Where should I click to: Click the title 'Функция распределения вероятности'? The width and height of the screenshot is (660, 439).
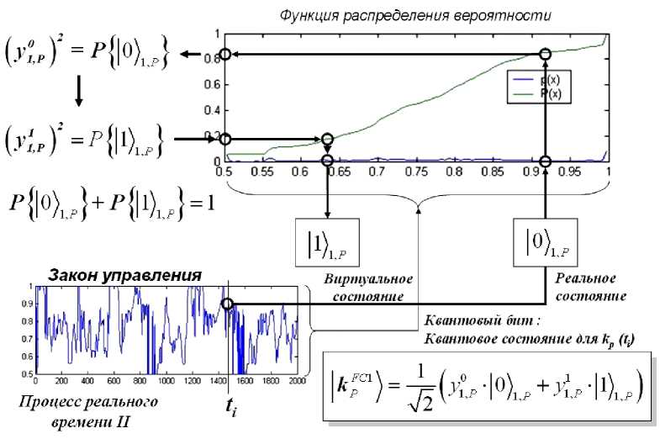pyautogui.click(x=416, y=14)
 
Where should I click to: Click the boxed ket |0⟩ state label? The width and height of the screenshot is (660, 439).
pyautogui.click(x=545, y=243)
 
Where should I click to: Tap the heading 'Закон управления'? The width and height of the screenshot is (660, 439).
pyautogui.click(x=124, y=275)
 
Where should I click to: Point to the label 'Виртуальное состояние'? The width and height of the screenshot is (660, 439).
pyautogui.click(x=364, y=287)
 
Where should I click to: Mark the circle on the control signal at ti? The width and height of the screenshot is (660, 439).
pyautogui.click(x=228, y=304)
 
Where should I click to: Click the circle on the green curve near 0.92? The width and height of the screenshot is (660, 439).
pyautogui.click(x=545, y=55)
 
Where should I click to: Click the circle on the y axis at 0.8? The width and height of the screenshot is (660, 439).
pyautogui.click(x=224, y=55)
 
